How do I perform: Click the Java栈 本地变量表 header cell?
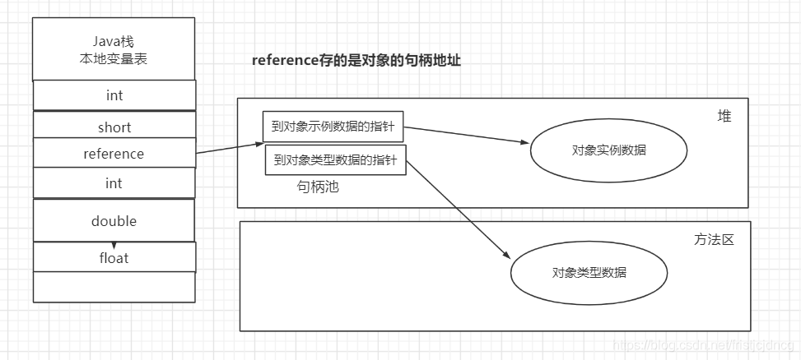(114, 50)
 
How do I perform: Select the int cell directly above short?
(114, 95)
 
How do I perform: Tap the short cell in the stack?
(114, 127)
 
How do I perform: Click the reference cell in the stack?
(114, 154)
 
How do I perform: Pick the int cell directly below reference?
(114, 183)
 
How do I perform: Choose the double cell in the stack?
(114, 221)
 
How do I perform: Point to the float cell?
(114, 258)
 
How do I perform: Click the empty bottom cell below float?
(114, 287)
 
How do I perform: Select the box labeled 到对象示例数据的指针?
(333, 127)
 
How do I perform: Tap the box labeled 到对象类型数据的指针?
(335, 160)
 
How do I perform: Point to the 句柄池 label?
(318, 187)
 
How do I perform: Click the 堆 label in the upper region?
(724, 117)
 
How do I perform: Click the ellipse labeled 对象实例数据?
(608, 150)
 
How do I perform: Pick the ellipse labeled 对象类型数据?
(589, 272)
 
